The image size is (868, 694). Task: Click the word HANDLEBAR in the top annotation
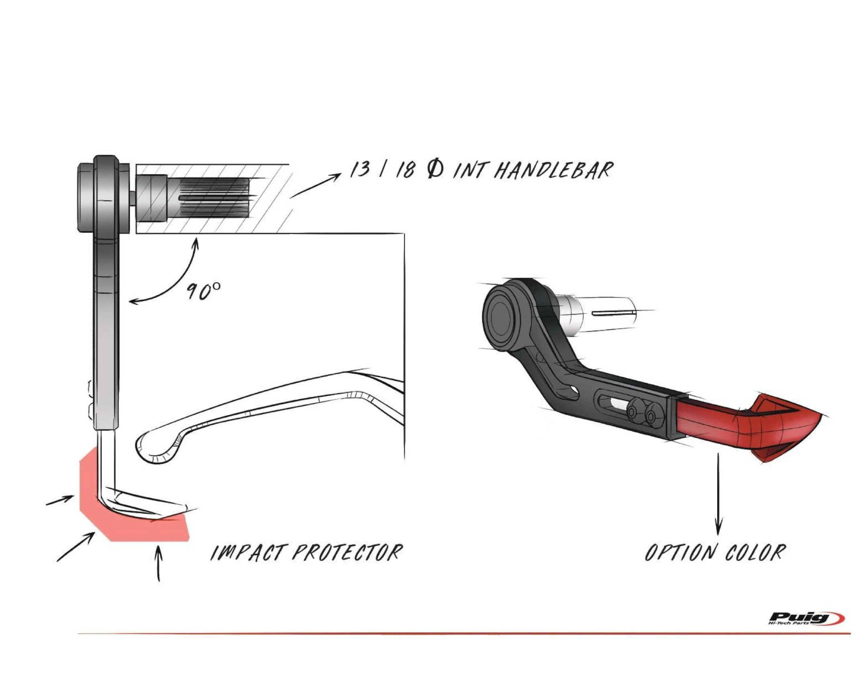click(553, 171)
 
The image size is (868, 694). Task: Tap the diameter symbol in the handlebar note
click(436, 170)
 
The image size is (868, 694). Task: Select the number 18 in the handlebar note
click(405, 170)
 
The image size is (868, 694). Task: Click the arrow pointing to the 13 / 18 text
click(315, 186)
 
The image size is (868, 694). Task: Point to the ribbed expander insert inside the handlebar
click(213, 198)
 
